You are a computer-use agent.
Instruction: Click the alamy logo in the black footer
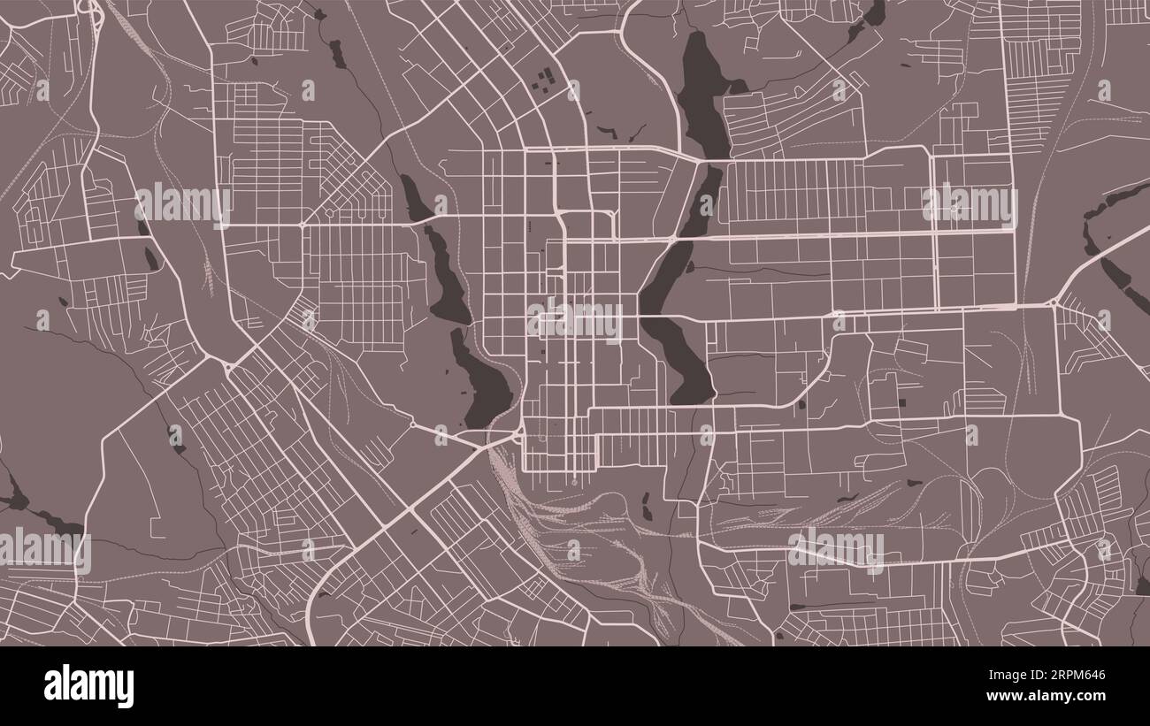point(89,686)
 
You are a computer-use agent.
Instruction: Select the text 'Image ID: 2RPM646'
point(1056,676)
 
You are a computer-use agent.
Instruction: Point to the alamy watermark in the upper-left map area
point(183,205)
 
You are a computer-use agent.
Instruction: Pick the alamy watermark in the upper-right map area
point(970,205)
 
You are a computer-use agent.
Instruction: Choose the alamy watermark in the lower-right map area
point(836,550)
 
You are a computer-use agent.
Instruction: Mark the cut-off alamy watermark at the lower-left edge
point(44,550)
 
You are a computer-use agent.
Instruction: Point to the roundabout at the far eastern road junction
point(1054,303)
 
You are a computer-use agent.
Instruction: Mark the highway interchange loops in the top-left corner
point(88,9)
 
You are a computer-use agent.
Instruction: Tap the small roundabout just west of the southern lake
point(412,425)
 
